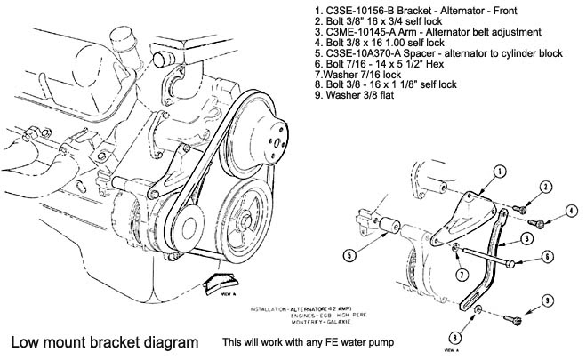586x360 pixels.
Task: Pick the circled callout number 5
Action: tap(350, 254)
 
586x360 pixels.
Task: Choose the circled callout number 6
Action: tap(550, 258)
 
